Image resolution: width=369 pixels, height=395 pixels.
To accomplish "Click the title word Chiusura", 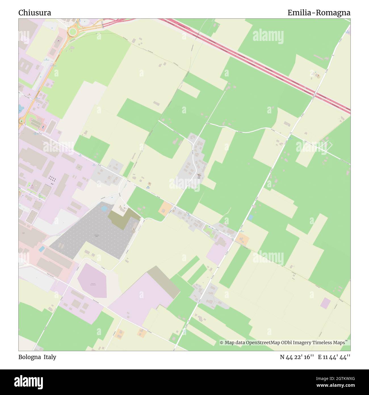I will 35,13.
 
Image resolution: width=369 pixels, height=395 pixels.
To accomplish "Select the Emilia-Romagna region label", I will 319,13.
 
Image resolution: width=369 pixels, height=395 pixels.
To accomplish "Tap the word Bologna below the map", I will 30,357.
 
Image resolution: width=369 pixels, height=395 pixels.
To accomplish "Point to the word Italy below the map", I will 50,357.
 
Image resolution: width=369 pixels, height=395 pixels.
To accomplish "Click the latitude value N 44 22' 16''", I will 297,357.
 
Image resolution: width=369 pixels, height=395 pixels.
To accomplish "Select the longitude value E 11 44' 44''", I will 334,357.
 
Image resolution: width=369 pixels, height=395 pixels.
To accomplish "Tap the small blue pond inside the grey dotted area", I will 104,209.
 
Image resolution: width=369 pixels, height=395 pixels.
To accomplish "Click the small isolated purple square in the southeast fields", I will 326,303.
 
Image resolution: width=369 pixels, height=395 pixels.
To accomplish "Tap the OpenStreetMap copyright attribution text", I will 282,343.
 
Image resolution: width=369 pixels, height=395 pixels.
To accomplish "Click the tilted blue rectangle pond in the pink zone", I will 42,249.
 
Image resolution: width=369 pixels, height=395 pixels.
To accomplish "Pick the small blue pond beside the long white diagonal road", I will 250,217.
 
